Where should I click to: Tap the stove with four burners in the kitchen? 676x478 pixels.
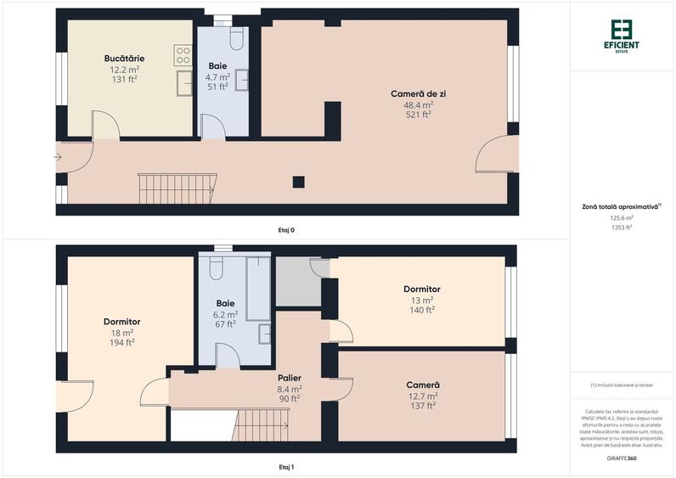pyautogui.click(x=183, y=56)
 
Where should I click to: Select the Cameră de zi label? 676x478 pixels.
pyautogui.click(x=418, y=93)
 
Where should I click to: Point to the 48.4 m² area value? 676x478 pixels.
pyautogui.click(x=418, y=104)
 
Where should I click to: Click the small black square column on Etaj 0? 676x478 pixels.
pyautogui.click(x=298, y=182)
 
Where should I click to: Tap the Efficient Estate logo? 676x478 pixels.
pyautogui.click(x=622, y=35)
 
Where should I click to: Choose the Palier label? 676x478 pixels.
pyautogui.click(x=290, y=378)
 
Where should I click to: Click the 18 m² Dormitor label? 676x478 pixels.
pyautogui.click(x=121, y=322)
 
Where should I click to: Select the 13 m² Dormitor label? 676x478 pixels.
pyautogui.click(x=421, y=290)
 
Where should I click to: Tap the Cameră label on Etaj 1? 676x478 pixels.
pyautogui.click(x=422, y=385)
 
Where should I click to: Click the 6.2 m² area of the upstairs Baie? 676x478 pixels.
pyautogui.click(x=225, y=313)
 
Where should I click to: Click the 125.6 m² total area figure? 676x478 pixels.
pyautogui.click(x=622, y=217)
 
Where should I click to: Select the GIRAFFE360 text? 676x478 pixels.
pyautogui.click(x=622, y=458)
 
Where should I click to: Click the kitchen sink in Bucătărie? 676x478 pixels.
pyautogui.click(x=183, y=83)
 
